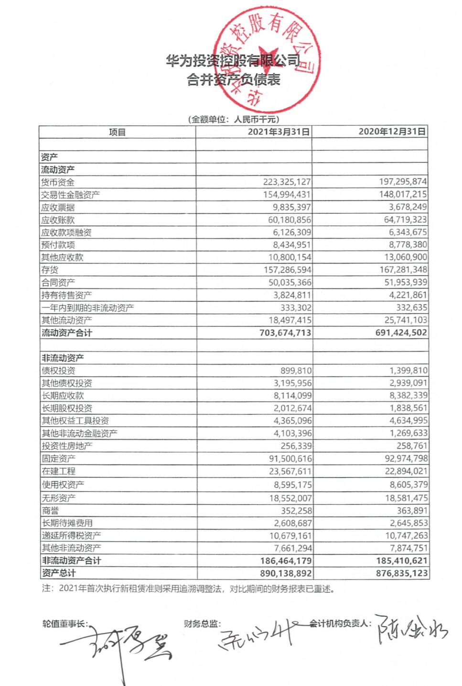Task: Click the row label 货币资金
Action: click(x=58, y=182)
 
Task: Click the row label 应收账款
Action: click(x=58, y=220)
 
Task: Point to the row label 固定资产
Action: click(x=58, y=458)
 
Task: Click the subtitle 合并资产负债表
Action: click(x=233, y=80)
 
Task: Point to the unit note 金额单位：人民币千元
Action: click(x=233, y=120)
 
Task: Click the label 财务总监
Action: click(x=203, y=624)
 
